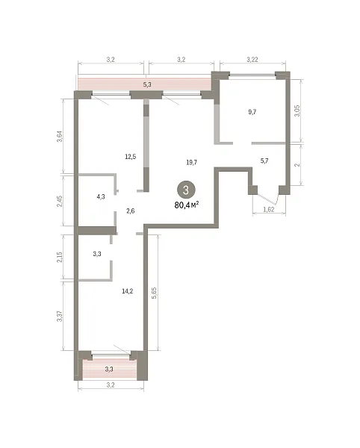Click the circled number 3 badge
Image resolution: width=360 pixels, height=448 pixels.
(x=186, y=190)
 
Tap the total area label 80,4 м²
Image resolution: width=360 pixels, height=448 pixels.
(x=187, y=205)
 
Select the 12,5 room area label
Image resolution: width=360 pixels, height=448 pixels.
(x=130, y=157)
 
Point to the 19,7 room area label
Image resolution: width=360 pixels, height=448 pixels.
(x=191, y=163)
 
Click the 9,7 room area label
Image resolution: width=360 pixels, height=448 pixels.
(x=252, y=112)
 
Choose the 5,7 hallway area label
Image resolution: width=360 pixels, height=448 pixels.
(x=264, y=161)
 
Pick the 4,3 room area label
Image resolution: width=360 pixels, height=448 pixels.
(x=101, y=197)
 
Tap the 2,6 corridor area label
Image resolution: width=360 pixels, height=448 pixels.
(x=130, y=211)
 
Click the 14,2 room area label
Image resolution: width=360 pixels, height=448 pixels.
(x=127, y=291)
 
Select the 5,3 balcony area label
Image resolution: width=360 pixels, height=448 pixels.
(x=147, y=84)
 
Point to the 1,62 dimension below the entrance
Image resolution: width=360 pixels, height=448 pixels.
(x=269, y=209)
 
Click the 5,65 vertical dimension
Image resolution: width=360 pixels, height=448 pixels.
(x=155, y=293)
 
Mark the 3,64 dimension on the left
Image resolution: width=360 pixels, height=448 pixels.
(x=59, y=137)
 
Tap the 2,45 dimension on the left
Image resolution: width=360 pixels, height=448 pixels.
(x=59, y=202)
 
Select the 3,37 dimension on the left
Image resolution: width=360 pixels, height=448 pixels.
(x=59, y=316)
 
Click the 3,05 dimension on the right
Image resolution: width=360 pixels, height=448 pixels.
(x=297, y=111)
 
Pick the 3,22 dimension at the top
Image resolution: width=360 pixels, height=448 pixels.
(x=252, y=60)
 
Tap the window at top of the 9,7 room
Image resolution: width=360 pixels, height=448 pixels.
(x=252, y=75)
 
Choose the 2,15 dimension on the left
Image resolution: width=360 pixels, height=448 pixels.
(x=59, y=257)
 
